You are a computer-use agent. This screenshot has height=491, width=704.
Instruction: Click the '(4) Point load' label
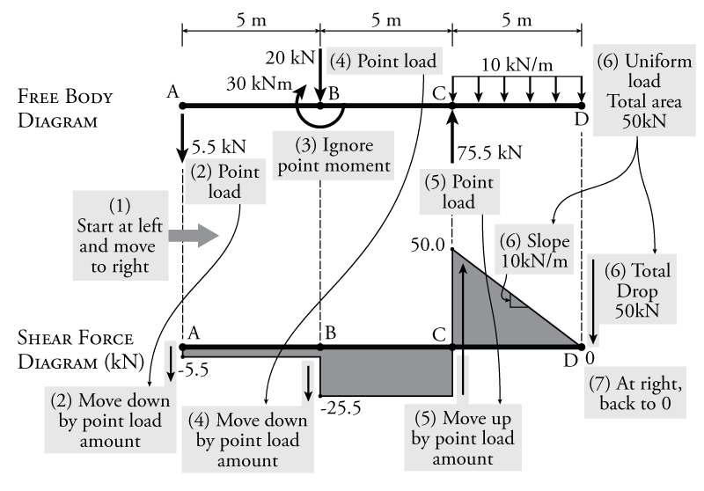[x=382, y=62]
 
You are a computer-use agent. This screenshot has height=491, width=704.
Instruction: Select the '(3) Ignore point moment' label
[x=334, y=156]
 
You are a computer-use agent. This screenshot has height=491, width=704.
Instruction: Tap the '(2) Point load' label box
[x=225, y=181]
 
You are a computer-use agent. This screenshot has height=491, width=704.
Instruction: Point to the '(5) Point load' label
[x=458, y=192]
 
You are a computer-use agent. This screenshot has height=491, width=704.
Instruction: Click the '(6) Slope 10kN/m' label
[x=535, y=250]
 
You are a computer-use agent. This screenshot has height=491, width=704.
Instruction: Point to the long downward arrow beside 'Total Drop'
[x=593, y=299]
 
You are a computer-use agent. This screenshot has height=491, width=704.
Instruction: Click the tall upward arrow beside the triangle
[x=462, y=299]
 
